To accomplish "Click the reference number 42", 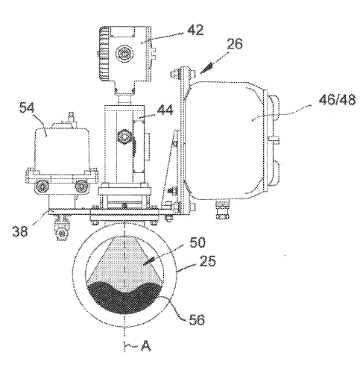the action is coord(195,30).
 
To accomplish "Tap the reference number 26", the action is coord(234,44).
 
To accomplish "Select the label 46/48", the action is coord(338,100).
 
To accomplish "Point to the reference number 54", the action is coord(27,108).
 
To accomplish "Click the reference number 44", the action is coord(165,110).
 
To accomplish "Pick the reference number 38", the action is coord(20,231).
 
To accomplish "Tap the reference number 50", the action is coord(198,242).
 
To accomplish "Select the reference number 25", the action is coord(208,261).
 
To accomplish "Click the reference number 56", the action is coord(197,319).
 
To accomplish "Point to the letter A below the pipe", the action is coord(146,345).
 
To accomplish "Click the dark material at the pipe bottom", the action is coord(124,298).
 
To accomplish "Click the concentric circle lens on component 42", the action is coord(124,53).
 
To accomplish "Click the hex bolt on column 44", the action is coord(124,137).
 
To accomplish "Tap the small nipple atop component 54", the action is coord(72,116).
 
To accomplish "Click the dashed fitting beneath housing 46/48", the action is coord(222,210).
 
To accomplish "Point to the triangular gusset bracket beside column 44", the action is coord(171,169).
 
